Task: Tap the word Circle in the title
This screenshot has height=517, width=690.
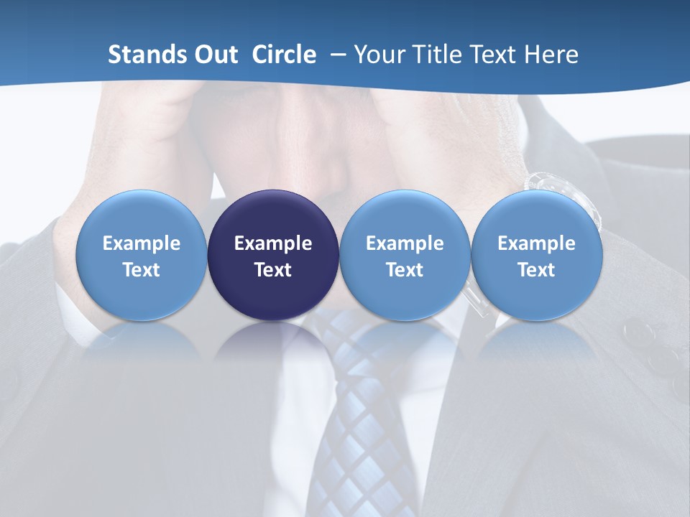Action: (x=284, y=55)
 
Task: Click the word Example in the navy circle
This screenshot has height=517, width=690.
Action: (x=273, y=243)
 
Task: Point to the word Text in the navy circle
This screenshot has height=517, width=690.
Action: (x=273, y=270)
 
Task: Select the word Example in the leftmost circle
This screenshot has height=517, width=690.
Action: (x=141, y=243)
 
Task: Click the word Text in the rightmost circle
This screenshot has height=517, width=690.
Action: (x=536, y=270)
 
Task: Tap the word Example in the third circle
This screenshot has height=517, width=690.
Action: (x=405, y=243)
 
